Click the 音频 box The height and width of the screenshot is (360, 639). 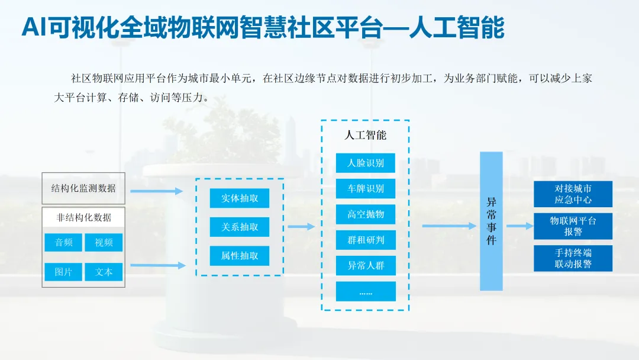(64, 242)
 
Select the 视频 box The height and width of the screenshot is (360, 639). (104, 242)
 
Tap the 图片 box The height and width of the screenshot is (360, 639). (64, 272)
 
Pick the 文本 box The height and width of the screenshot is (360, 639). (104, 272)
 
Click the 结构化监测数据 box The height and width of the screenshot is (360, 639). (83, 188)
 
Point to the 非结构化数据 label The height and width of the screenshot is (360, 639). (83, 217)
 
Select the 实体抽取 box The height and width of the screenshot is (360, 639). (240, 198)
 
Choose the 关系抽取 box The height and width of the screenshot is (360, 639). (240, 227)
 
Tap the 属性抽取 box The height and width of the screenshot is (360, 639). (240, 256)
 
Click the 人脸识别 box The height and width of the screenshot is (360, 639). (366, 163)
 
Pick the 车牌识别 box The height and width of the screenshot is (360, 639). (366, 189)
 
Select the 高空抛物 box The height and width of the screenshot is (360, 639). (366, 214)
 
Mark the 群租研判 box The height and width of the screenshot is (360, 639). (366, 240)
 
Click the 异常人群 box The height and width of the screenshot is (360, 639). (366, 266)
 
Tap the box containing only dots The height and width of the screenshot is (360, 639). (366, 291)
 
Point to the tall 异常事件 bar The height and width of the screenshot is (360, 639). (491, 221)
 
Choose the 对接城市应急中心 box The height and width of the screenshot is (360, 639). (573, 194)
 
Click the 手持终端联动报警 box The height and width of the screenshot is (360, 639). (573, 258)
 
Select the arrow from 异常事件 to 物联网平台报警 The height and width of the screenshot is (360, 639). (519, 226)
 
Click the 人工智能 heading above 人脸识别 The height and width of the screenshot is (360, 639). (366, 135)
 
